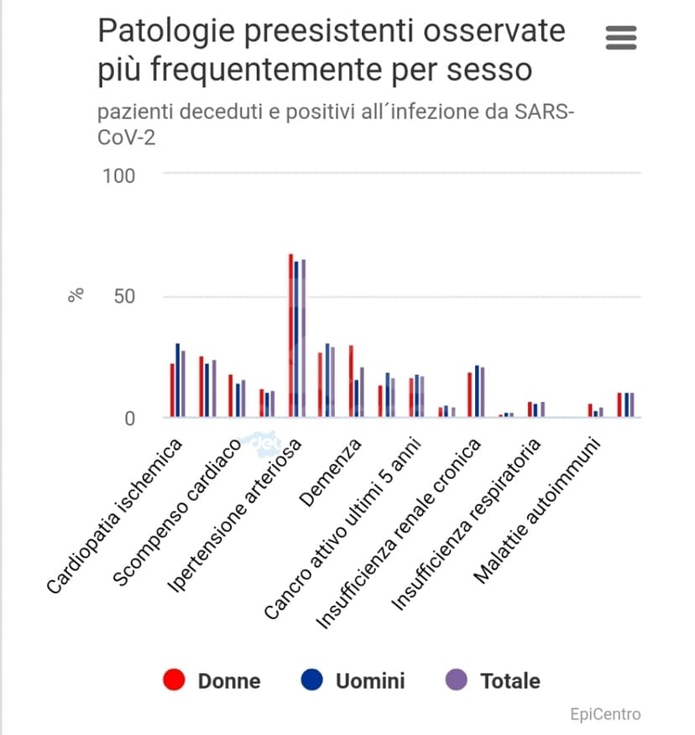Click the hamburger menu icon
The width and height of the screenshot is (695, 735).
620,38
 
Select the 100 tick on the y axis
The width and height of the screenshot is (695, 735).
118,175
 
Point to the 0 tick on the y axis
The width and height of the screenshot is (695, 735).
130,418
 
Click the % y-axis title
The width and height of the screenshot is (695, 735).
76,295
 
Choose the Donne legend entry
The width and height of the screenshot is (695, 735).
212,680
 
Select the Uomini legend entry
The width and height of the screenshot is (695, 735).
353,680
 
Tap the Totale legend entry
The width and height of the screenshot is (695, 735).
493,680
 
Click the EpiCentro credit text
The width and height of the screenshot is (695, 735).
604,714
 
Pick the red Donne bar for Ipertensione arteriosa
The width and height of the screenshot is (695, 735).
290,336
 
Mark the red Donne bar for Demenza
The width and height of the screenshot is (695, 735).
351,382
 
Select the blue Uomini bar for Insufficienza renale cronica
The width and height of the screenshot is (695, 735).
477,391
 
